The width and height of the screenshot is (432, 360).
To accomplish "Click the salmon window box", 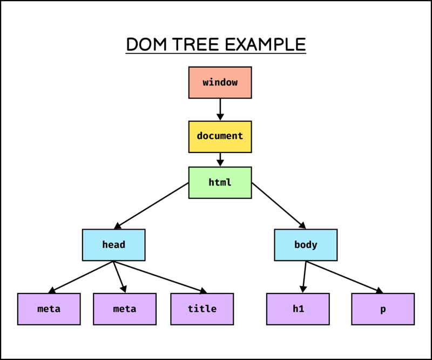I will [x=220, y=83].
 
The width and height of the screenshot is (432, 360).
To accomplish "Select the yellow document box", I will [x=220, y=136].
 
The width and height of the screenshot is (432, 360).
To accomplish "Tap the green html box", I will [x=220, y=183].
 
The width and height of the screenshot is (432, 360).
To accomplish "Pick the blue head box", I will [x=113, y=245].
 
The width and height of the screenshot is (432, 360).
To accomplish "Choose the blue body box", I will [x=306, y=245].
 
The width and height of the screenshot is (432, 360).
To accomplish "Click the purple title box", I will [x=202, y=309].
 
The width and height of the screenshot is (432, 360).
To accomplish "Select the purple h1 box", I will [x=298, y=309].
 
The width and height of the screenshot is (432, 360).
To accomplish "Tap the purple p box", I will [x=383, y=309].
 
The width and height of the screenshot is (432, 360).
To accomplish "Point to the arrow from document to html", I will [x=220, y=159].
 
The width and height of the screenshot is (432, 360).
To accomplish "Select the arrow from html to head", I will [x=152, y=206].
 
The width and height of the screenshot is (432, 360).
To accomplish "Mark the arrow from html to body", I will [x=279, y=206].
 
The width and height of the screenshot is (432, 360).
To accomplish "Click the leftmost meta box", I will [x=49, y=309].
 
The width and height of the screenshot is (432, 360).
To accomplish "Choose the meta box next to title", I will [x=125, y=309].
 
